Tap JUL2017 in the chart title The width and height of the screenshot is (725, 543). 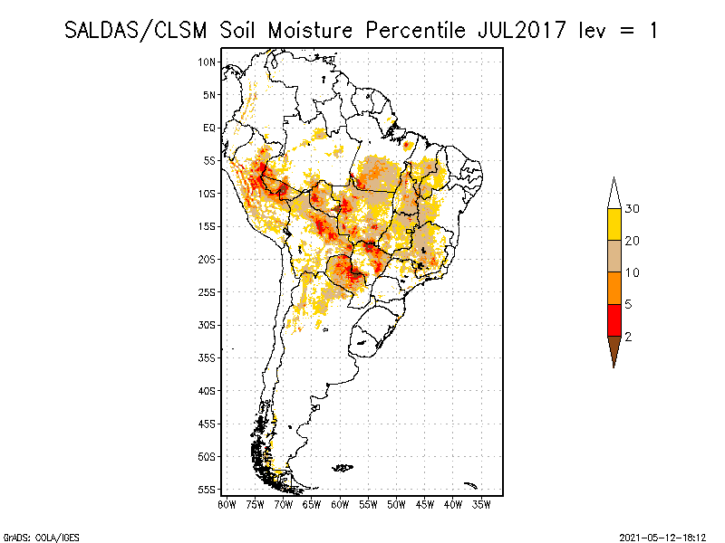[x=512, y=30]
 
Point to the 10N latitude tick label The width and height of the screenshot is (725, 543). [x=208, y=62]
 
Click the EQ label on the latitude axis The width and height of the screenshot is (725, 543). [x=209, y=128]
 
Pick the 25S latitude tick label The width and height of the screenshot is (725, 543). [x=208, y=291]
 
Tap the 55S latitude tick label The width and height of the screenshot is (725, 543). [x=208, y=489]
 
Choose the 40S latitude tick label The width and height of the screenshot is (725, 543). [x=208, y=390]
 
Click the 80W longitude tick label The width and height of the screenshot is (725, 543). [x=227, y=503]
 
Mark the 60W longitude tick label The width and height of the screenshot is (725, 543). [x=340, y=503]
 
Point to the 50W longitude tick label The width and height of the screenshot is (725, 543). [x=396, y=503]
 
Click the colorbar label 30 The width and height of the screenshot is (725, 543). [x=633, y=209]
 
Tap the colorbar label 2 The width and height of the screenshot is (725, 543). [x=628, y=336]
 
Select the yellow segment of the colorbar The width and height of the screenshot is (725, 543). [x=614, y=224]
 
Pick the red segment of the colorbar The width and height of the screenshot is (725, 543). [x=614, y=319]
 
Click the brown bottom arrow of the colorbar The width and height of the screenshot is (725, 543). [x=614, y=349]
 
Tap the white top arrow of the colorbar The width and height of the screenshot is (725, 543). [x=614, y=194]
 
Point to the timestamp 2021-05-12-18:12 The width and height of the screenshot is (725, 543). [x=661, y=536]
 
